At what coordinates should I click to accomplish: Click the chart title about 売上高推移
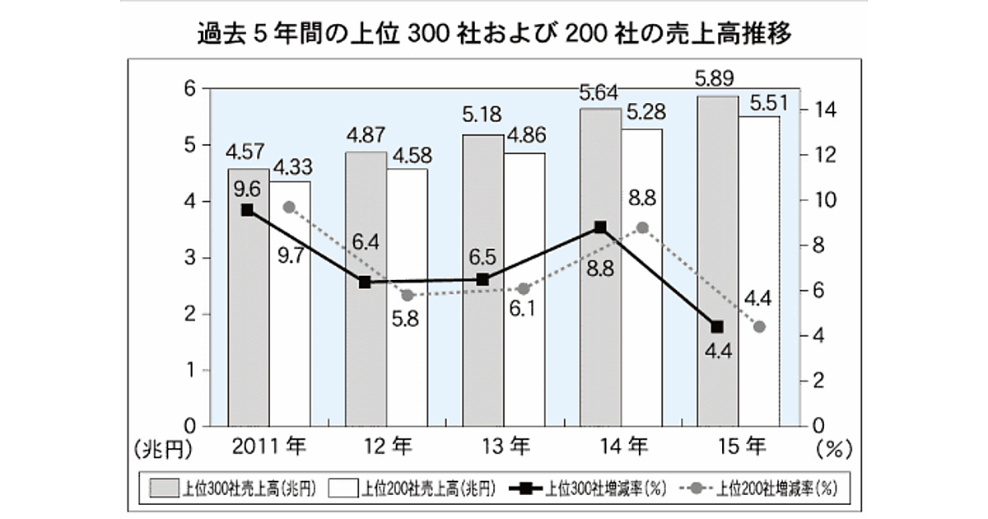(495, 35)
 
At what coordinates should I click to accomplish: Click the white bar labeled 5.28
(641, 330)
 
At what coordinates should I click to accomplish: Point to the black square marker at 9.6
(247, 210)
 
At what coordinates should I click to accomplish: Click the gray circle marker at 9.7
(289, 207)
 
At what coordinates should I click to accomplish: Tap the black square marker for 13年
(483, 279)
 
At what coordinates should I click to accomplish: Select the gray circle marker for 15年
(759, 327)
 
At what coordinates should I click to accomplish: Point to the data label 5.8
(407, 320)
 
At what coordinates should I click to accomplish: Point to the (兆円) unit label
(162, 450)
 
